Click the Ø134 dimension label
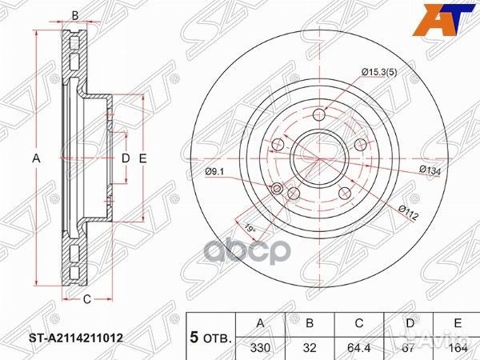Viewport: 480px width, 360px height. (x=432, y=169)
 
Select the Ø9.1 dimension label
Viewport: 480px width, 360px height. (x=214, y=170)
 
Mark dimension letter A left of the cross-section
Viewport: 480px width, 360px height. (x=35, y=158)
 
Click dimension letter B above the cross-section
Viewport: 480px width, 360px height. (x=74, y=15)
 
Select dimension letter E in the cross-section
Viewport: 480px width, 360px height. (x=142, y=158)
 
